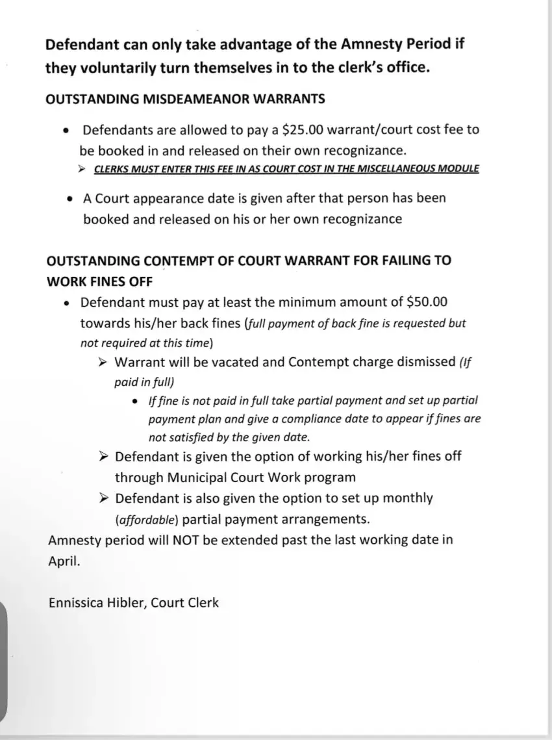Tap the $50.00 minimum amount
pyautogui.click(x=427, y=302)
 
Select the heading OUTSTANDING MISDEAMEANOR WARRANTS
pyautogui.click(x=185, y=99)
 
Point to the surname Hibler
pyautogui.click(x=129, y=602)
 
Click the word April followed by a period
pyautogui.click(x=64, y=561)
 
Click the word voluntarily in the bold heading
pyautogui.click(x=117, y=68)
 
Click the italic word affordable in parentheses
pyautogui.click(x=147, y=519)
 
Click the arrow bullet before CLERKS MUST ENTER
pyautogui.click(x=82, y=169)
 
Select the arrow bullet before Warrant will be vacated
pyautogui.click(x=103, y=361)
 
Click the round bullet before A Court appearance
pyautogui.click(x=70, y=198)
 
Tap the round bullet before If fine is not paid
pyautogui.click(x=134, y=402)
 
